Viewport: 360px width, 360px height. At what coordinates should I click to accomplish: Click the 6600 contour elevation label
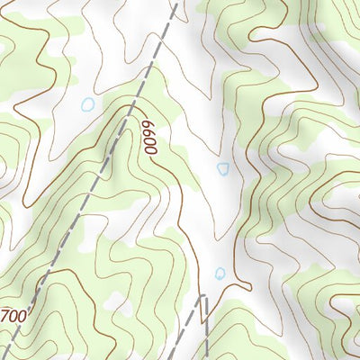coord(149,137)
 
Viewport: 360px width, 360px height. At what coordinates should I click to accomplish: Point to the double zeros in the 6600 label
coord(150,144)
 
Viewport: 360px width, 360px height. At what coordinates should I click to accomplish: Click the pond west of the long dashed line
coord(87,104)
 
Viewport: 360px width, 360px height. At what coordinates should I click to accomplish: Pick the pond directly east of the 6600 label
coord(223,168)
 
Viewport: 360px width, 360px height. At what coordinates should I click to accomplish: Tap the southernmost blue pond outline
coord(220,273)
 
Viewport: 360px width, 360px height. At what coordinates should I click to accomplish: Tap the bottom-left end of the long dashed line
coord(4,355)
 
